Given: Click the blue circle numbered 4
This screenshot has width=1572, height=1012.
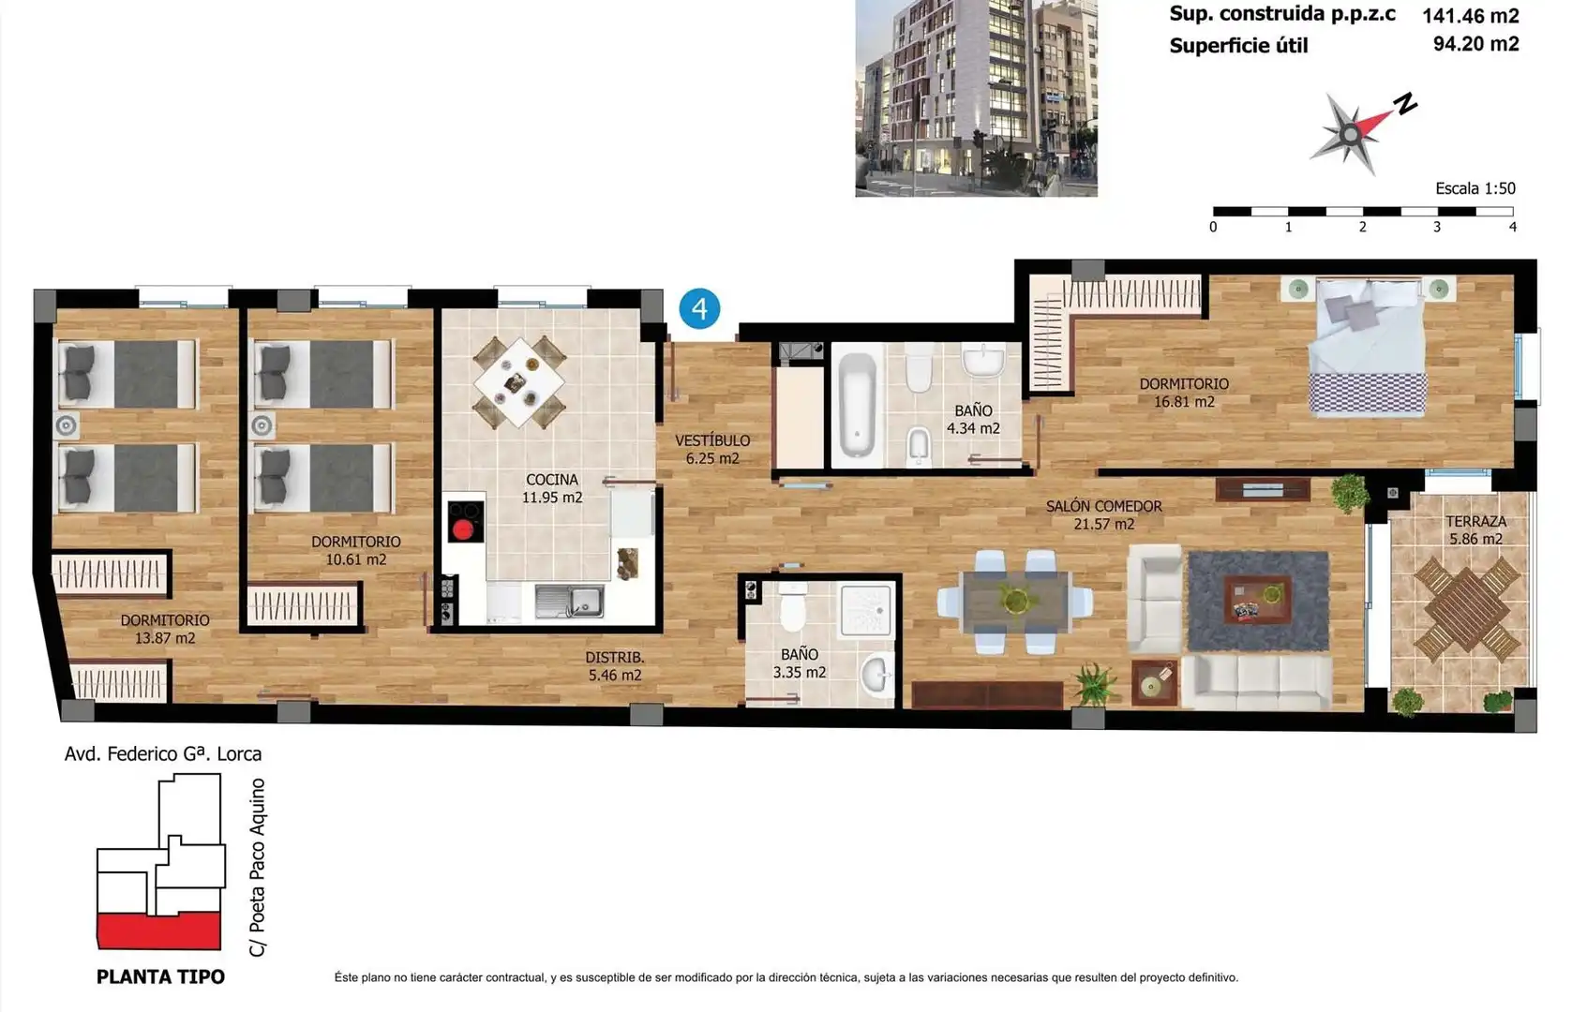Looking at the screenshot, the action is [x=699, y=308].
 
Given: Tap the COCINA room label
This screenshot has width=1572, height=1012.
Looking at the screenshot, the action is [x=552, y=480].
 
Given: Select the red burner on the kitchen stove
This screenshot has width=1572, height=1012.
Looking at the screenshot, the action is [x=462, y=530].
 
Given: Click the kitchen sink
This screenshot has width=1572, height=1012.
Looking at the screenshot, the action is [x=569, y=602].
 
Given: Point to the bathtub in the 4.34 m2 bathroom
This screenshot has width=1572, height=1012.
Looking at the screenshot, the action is [x=857, y=405].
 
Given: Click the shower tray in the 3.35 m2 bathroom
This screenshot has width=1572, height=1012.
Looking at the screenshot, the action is [x=866, y=609].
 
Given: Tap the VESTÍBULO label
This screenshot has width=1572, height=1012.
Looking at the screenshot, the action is [x=712, y=440].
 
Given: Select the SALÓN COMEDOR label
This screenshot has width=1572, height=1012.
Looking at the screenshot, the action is [x=1104, y=506].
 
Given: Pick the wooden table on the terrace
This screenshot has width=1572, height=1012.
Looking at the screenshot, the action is [x=1467, y=609].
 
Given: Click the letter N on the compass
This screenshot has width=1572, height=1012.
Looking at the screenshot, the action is [x=1406, y=104].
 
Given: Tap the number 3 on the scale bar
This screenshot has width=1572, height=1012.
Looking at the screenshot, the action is [x=1437, y=227].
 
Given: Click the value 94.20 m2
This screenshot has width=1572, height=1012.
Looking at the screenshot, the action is [x=1475, y=43].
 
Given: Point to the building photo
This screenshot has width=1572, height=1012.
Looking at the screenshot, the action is [x=976, y=98].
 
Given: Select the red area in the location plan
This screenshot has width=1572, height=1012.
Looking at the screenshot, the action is [x=159, y=931].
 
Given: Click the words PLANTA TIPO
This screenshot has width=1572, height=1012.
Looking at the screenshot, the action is [x=160, y=977].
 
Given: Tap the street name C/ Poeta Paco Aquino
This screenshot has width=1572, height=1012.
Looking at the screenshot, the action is [x=258, y=868].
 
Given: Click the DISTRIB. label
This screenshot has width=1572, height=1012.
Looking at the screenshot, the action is [x=615, y=658].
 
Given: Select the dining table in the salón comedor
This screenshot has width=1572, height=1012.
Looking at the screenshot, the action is [x=1015, y=601].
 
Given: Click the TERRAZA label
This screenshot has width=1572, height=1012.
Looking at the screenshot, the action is [x=1475, y=522].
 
